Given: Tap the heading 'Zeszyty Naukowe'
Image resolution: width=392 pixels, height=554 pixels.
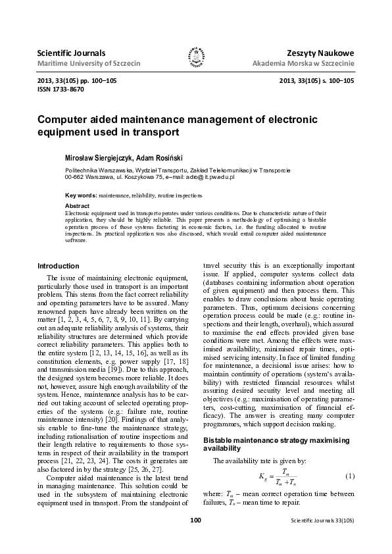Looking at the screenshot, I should coord(320,52).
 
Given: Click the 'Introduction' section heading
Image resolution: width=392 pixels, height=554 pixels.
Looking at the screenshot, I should coord(59,265).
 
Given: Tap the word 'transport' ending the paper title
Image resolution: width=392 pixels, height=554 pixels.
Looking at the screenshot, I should coord(157,132).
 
